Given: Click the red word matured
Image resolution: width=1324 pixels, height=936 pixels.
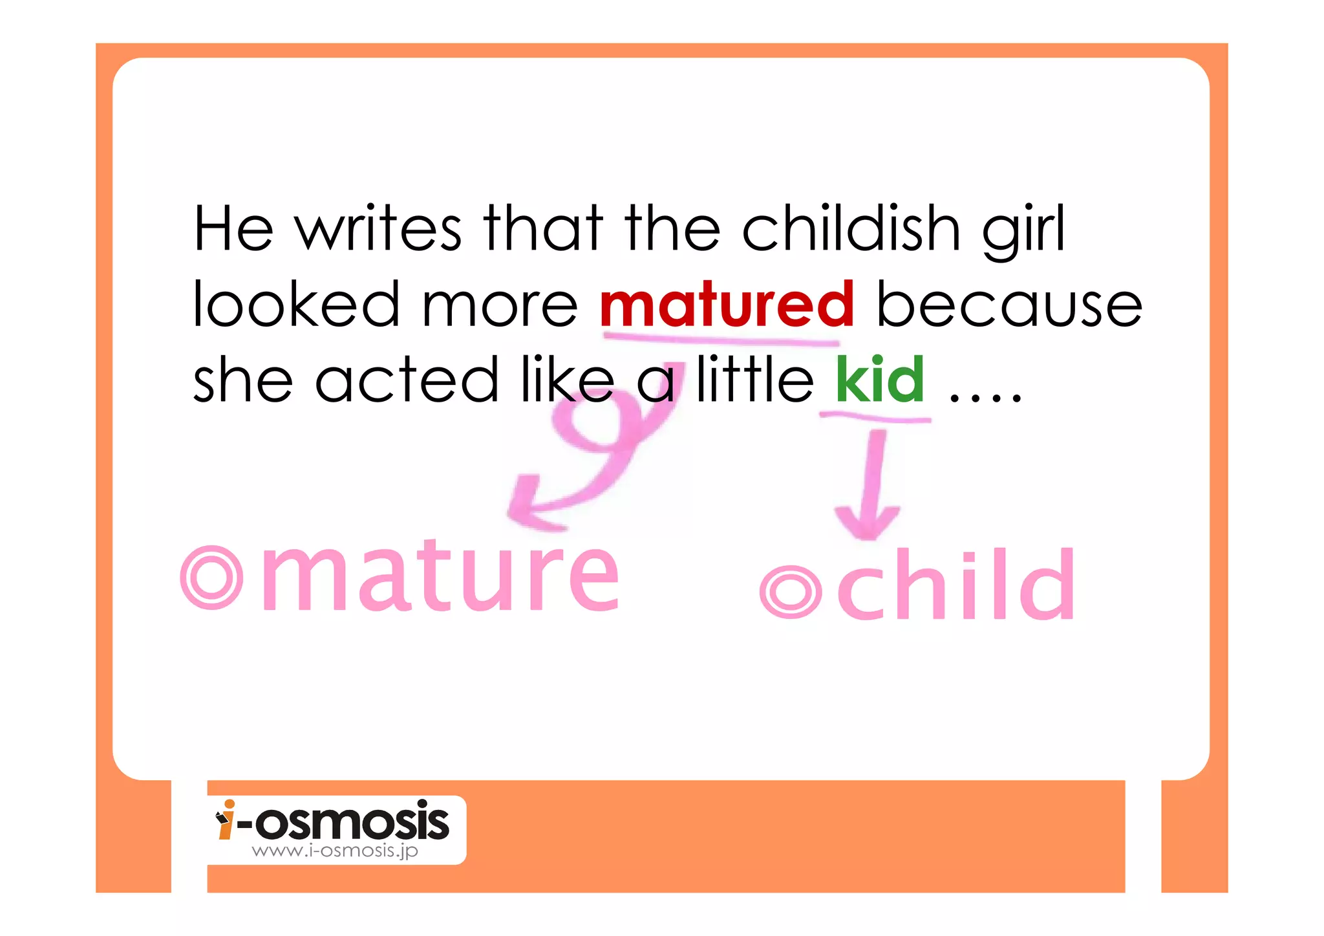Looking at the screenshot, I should [x=727, y=305].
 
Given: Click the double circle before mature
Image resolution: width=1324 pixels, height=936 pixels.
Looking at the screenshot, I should [x=211, y=577].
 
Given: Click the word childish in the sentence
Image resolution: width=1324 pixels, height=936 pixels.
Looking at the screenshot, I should [x=851, y=229].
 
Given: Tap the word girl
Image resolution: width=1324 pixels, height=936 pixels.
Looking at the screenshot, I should [x=1023, y=232].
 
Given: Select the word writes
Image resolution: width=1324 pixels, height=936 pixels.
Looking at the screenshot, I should [x=378, y=229].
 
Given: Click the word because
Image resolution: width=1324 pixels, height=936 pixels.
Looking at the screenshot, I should [x=1009, y=305].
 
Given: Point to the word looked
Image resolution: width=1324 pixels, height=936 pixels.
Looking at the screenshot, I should [x=296, y=305].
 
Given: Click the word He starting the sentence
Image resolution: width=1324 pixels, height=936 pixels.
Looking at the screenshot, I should [x=233, y=229].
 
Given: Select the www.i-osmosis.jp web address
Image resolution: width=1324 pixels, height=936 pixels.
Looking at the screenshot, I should [x=335, y=851].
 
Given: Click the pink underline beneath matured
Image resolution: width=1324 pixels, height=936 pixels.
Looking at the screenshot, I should [x=721, y=338].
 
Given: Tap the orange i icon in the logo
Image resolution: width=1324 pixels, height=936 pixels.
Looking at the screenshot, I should [x=226, y=820].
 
